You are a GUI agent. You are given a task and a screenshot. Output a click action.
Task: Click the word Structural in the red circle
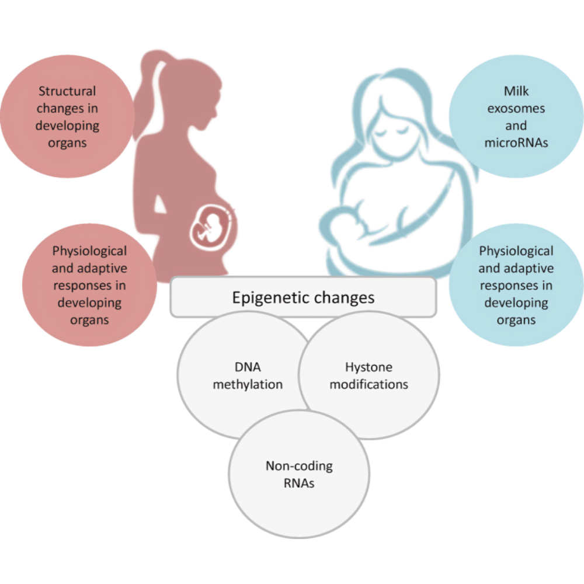coord(67,92)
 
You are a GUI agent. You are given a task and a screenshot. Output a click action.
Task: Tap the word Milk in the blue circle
coord(516,92)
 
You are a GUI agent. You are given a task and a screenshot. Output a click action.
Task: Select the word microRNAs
coord(516,142)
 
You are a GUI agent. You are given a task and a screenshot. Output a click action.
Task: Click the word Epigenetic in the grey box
coord(272,298)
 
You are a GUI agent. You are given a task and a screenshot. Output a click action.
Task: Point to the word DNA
coord(248,368)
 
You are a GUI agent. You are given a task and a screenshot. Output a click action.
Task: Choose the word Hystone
coord(369,368)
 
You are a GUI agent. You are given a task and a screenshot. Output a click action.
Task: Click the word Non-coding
coord(299,466)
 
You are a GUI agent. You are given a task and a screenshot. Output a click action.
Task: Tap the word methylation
coord(248,385)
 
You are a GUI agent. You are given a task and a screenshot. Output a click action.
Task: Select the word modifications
coord(369,385)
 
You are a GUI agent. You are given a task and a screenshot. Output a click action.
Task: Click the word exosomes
coord(516,109)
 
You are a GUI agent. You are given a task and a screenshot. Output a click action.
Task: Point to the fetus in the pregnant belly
coord(207,226)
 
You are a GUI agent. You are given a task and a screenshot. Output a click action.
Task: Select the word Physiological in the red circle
coord(89,251)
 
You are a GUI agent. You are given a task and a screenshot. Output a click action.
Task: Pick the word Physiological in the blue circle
coord(516,251)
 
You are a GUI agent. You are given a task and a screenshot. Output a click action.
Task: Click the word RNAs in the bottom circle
coord(299,483)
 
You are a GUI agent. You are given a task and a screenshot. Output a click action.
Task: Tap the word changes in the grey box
coord(343,298)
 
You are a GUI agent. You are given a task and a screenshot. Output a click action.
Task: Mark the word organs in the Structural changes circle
coord(67,142)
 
